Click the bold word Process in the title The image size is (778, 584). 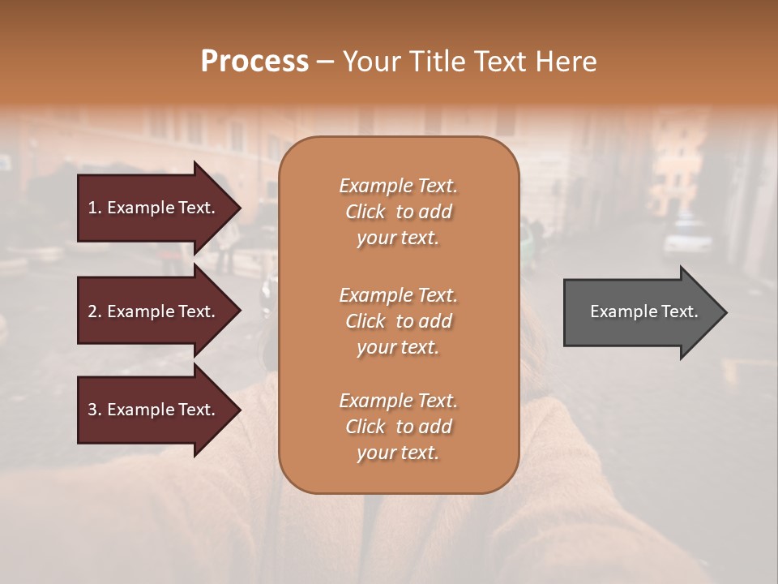[254, 62]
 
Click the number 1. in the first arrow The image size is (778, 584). [95, 208]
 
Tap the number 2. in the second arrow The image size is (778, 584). [95, 311]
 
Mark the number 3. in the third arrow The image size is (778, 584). [95, 410]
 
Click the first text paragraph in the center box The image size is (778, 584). [398, 212]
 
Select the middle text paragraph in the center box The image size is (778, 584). [398, 321]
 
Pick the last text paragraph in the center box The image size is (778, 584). [398, 427]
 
